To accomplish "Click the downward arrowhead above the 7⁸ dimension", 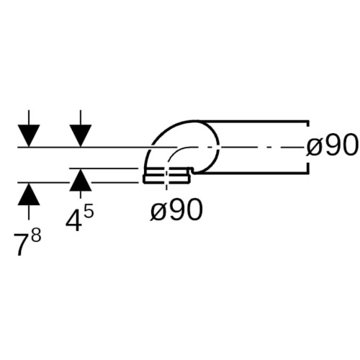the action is (29, 135).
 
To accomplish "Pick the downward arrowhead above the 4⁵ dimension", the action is (81, 135).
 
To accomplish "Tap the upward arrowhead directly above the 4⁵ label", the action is (81, 180).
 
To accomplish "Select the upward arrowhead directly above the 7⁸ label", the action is (29, 194).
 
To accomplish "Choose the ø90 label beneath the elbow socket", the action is (176, 210).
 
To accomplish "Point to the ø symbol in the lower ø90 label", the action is (158, 212).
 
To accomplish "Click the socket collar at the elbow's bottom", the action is (167, 176).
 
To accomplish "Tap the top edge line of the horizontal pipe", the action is (252, 120).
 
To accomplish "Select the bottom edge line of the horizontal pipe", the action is (252, 172).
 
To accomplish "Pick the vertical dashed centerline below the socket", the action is (166, 179).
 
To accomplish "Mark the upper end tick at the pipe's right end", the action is (308, 123).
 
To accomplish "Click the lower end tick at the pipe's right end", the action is (308, 168).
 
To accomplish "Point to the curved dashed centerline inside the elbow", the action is (178, 152).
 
